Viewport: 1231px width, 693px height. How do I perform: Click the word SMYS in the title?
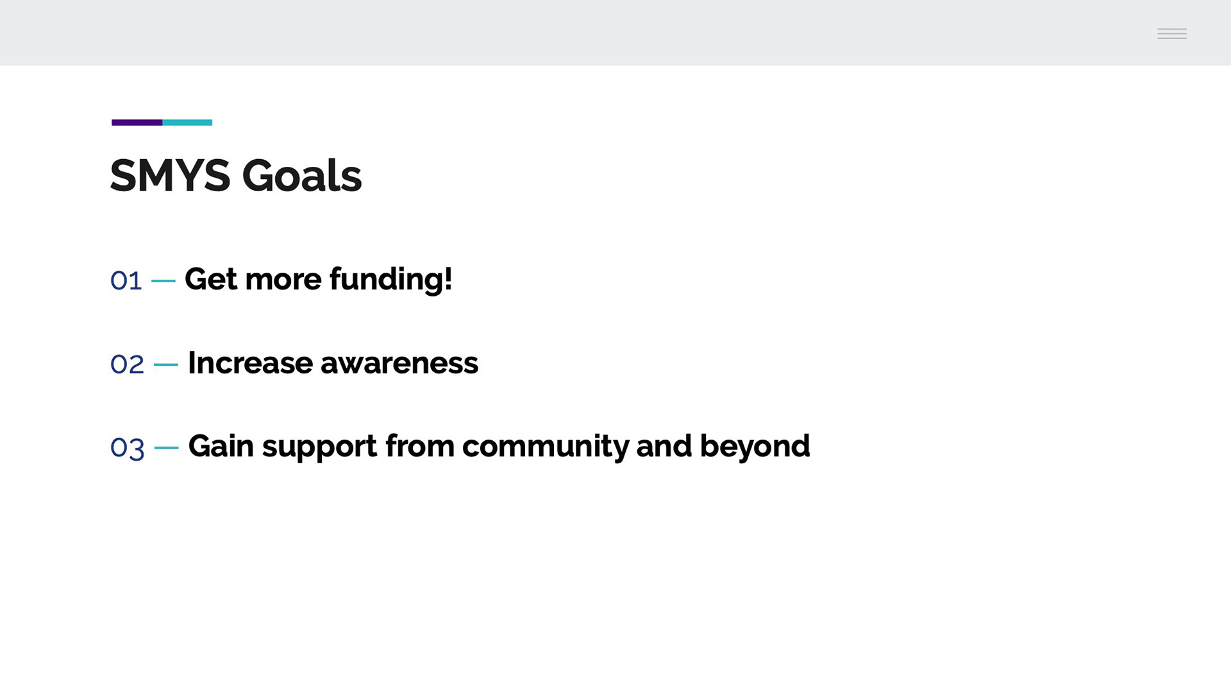(170, 175)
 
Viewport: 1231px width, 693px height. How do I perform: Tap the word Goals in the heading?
(302, 175)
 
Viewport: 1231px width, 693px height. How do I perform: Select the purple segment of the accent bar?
(137, 123)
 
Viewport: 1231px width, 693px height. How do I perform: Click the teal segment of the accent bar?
(187, 123)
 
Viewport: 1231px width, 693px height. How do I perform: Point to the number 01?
(126, 280)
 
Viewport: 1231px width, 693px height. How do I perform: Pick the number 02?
(127, 364)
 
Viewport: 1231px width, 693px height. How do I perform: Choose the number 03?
(127, 448)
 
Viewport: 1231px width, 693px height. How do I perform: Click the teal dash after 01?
(163, 280)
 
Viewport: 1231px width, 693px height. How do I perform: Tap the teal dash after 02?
(166, 364)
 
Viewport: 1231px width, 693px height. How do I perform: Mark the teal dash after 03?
(167, 448)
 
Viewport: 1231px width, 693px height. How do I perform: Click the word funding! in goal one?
(391, 279)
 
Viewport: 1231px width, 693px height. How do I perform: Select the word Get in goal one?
(211, 279)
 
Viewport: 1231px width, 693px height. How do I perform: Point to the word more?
(283, 281)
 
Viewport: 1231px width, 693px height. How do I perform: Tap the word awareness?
(399, 364)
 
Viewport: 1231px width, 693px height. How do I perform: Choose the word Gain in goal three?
(221, 446)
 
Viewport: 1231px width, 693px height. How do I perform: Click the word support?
(319, 447)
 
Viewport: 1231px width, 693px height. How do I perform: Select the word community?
(545, 447)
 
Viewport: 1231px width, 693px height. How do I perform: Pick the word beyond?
(755, 447)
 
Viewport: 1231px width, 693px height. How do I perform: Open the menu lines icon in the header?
(1172, 34)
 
